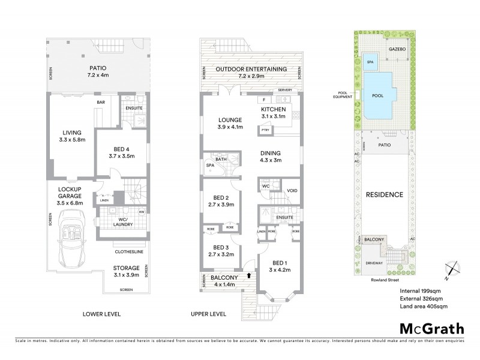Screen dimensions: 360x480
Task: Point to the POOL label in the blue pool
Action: [x=378, y=95]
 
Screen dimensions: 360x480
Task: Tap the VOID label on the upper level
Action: [x=292, y=191]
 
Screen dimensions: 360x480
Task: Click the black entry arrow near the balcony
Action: [x=250, y=275]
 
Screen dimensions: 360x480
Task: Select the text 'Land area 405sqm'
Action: [x=424, y=307]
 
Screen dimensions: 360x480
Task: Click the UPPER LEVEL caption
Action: [x=208, y=314]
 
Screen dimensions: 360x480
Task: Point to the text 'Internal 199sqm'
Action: [x=422, y=291]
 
